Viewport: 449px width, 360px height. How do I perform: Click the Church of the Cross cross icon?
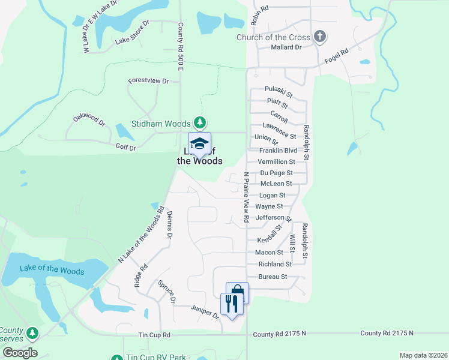click(x=320, y=37)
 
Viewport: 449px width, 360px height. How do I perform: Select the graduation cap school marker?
click(x=199, y=144)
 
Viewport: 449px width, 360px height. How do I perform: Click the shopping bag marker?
click(x=237, y=292)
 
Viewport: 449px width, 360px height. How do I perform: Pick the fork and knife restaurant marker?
click(x=232, y=303)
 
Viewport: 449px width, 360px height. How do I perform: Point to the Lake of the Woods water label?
click(x=52, y=269)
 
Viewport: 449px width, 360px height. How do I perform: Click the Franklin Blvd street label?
click(x=278, y=151)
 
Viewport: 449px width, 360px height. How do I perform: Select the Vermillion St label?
click(x=276, y=162)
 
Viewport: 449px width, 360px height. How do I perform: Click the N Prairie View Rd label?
click(x=246, y=198)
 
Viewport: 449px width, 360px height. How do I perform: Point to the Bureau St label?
click(x=273, y=277)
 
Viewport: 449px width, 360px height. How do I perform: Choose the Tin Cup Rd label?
click(x=154, y=335)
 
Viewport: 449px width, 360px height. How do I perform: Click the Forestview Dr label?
click(x=148, y=80)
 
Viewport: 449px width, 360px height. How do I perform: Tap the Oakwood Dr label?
click(x=89, y=118)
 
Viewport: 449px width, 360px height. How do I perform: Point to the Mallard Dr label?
click(x=286, y=47)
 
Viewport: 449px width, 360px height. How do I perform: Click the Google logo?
click(x=20, y=353)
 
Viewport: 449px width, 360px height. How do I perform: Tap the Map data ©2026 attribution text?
click(x=423, y=355)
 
